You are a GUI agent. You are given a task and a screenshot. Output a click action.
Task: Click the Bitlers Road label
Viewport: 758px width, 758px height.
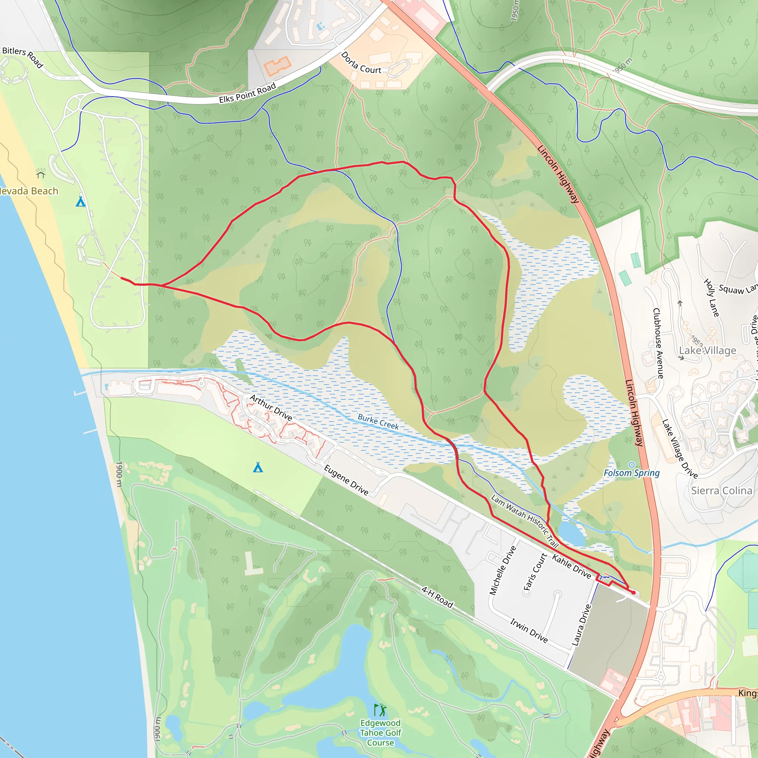pos(22,57)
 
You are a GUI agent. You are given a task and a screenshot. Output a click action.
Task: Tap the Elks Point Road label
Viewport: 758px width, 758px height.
pos(247,93)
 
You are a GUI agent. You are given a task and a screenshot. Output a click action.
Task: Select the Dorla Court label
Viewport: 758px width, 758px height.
pos(360,63)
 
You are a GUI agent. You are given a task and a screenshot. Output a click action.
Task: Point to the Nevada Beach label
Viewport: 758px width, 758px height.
pos(28,191)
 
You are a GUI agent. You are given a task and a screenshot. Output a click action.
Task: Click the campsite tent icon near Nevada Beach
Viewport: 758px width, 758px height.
pos(80,202)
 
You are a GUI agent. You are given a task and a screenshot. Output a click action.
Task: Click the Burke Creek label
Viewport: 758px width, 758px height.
pos(378,422)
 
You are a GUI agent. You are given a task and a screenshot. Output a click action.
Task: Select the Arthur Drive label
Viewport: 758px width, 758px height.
pos(271,408)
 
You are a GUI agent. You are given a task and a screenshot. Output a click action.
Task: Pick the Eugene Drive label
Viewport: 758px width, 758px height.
pos(346,480)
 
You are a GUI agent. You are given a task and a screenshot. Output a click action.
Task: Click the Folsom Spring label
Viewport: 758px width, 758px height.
pos(631,473)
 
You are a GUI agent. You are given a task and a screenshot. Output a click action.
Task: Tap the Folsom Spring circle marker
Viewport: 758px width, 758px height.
pos(631,465)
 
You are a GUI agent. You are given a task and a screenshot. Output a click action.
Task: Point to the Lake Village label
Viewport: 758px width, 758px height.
pos(707,351)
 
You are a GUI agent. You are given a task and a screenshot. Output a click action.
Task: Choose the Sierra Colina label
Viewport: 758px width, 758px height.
pos(721,490)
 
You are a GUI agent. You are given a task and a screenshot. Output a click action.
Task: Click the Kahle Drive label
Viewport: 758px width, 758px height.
pos(571,567)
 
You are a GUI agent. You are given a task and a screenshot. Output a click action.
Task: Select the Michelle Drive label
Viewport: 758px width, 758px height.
pos(503,570)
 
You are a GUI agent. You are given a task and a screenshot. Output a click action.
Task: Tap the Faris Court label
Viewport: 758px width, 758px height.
pos(536,572)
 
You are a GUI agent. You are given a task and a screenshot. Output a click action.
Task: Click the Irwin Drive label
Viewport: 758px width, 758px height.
pos(529,630)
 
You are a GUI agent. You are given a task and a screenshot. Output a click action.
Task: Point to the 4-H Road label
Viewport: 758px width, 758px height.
pos(437,597)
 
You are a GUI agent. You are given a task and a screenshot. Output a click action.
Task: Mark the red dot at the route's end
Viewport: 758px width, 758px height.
pos(633,593)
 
